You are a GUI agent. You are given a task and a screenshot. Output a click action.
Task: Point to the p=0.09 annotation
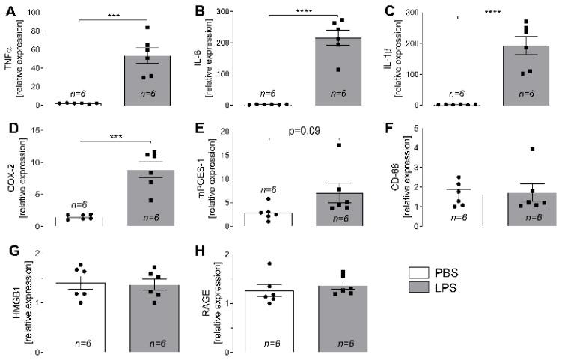pos(305,132)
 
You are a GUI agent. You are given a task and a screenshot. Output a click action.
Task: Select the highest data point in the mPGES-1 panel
pos(338,145)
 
